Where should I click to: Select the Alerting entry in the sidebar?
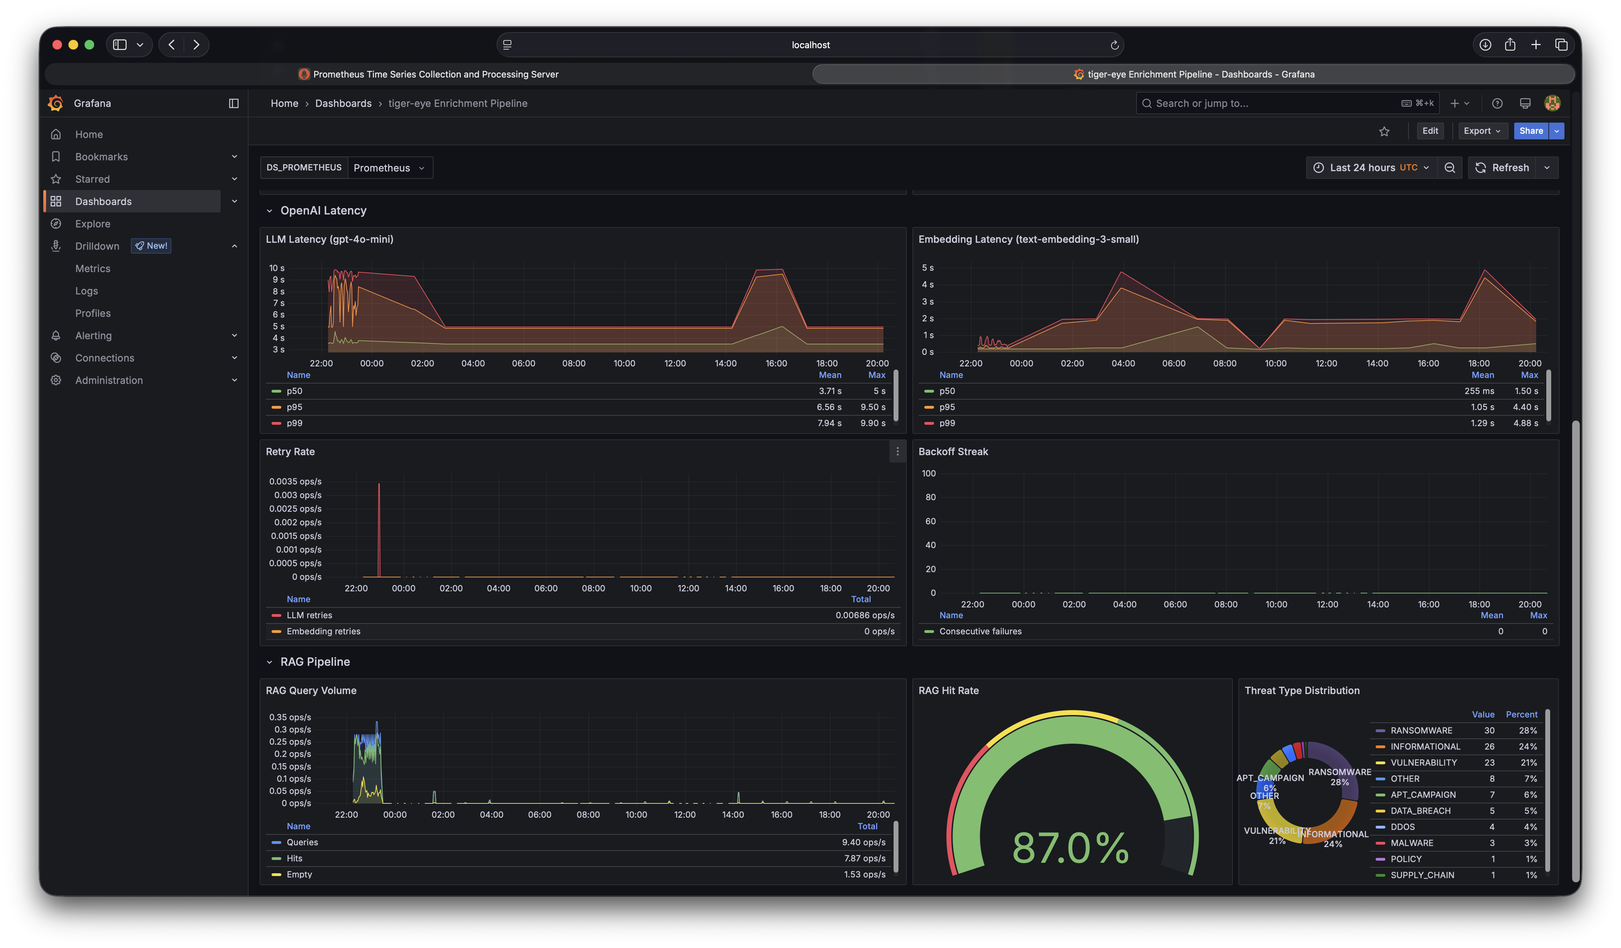[93, 335]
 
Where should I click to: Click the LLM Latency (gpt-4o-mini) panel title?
[330, 239]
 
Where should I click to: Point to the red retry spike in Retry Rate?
[379, 528]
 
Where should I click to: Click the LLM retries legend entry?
[309, 615]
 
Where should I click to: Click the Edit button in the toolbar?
[1430, 131]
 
